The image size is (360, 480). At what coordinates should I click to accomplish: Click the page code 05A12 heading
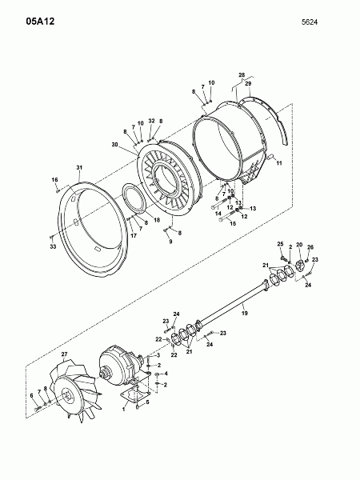(40, 22)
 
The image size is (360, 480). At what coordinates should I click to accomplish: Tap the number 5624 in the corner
(309, 22)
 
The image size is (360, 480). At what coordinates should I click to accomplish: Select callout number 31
(79, 167)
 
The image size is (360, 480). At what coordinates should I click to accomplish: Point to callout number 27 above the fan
(64, 354)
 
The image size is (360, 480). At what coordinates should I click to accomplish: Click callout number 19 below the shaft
(244, 313)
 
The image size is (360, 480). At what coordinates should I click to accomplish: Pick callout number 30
(114, 145)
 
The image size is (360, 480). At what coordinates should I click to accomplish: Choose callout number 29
(248, 83)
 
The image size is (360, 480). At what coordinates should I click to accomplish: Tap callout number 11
(279, 163)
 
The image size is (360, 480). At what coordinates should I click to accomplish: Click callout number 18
(157, 220)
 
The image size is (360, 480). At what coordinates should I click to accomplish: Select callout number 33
(54, 246)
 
